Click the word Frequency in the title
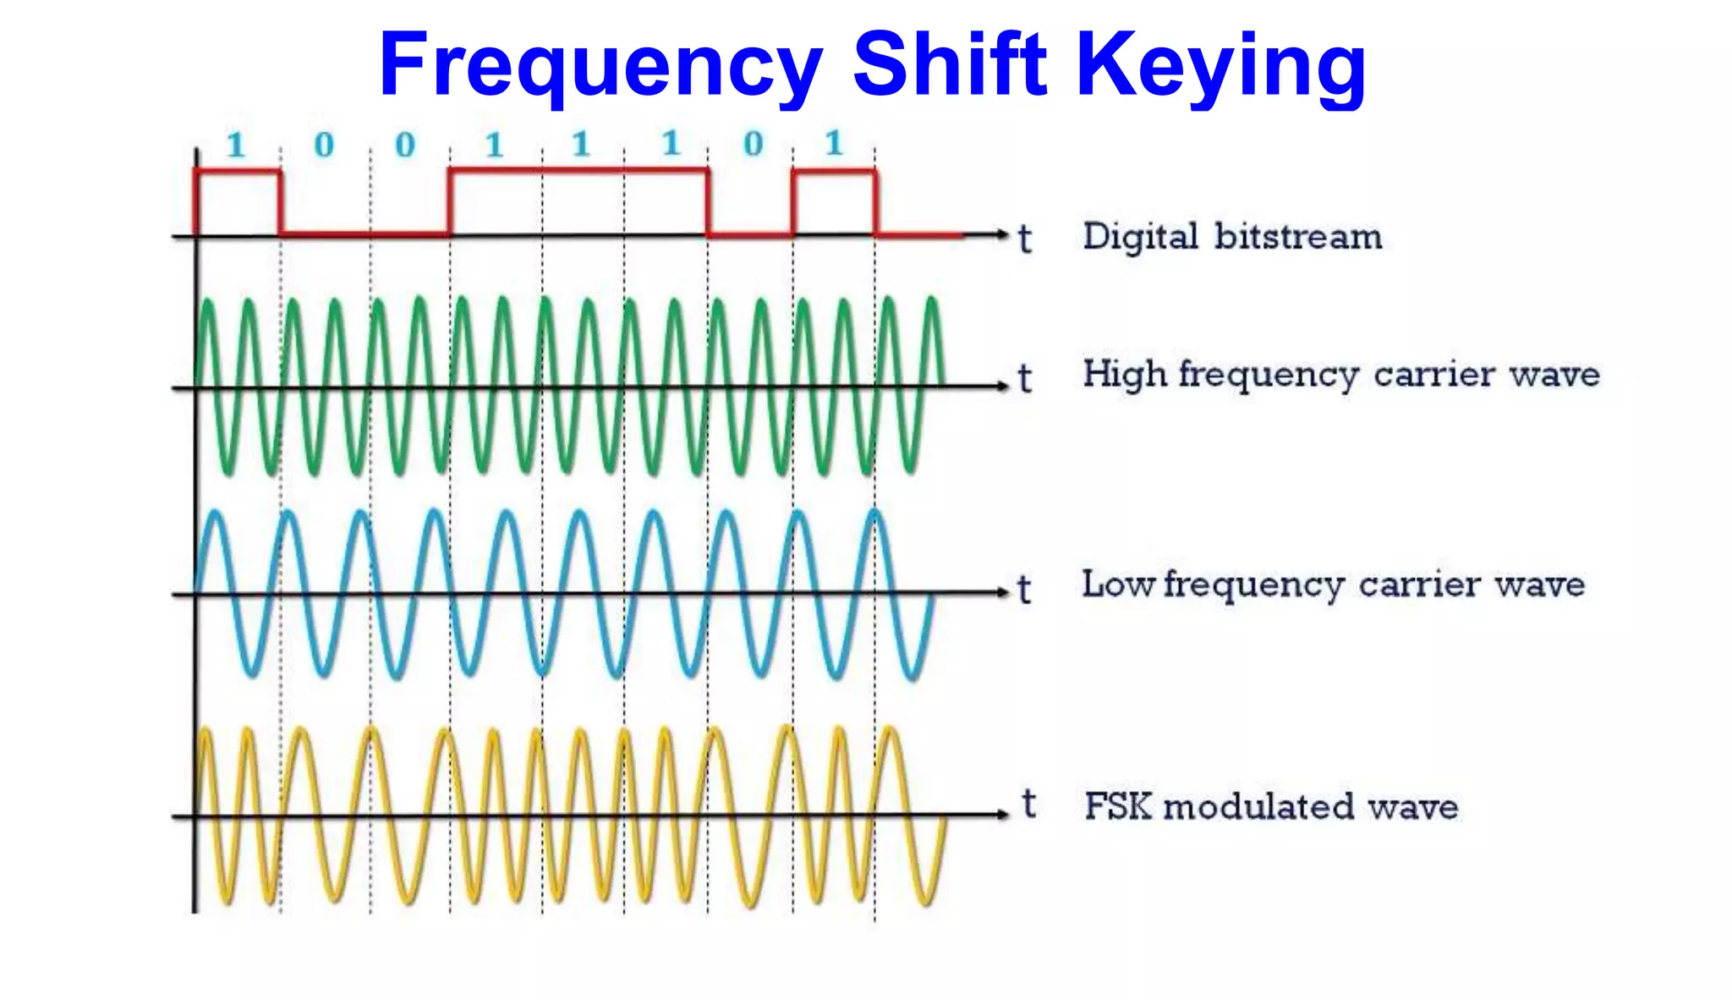[x=600, y=66]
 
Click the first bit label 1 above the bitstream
[x=236, y=146]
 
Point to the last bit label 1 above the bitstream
[x=834, y=143]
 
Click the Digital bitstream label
[x=1232, y=237]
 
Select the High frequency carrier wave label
[x=1341, y=375]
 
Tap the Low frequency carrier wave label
[x=1333, y=585]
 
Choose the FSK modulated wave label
[x=1271, y=806]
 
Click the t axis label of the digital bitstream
[x=1025, y=239]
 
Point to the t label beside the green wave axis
[x=1025, y=378]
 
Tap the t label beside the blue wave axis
[x=1024, y=590]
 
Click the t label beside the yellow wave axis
[x=1028, y=804]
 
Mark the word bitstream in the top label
[x=1298, y=237]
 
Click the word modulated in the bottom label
[x=1259, y=807]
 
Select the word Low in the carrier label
[x=1117, y=584]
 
